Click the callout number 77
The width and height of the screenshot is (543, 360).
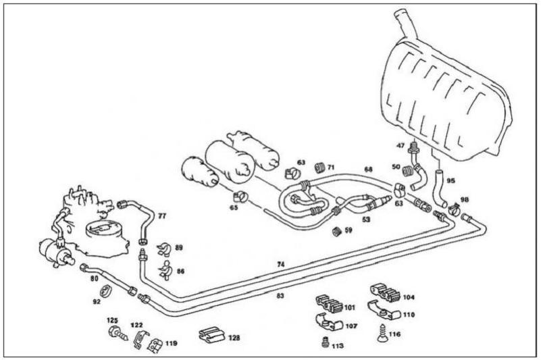[x=161, y=217]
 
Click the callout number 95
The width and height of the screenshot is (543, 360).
[x=451, y=180]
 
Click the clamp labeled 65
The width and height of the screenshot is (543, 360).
[x=240, y=197]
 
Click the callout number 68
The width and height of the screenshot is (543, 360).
[x=367, y=170]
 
